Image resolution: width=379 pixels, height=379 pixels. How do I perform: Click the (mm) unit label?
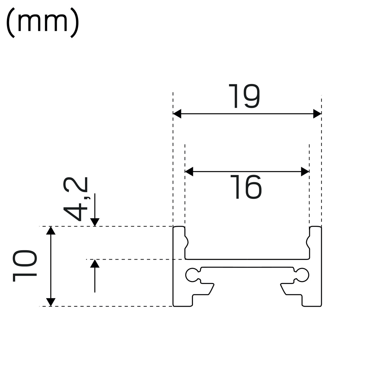point(43,23)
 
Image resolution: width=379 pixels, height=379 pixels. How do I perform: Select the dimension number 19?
point(244,96)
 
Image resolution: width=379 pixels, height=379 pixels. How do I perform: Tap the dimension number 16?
point(246,187)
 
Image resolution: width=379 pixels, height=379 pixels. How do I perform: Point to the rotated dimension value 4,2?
point(75,199)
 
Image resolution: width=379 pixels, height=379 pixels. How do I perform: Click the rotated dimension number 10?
point(25,266)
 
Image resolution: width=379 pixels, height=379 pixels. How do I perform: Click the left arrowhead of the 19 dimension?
point(177,114)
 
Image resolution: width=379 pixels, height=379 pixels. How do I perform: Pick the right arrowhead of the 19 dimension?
point(317,114)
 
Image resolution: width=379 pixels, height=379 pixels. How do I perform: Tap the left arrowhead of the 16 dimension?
point(189,172)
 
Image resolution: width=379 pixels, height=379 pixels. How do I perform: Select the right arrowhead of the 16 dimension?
point(305,172)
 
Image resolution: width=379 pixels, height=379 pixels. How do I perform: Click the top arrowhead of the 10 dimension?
point(51,231)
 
